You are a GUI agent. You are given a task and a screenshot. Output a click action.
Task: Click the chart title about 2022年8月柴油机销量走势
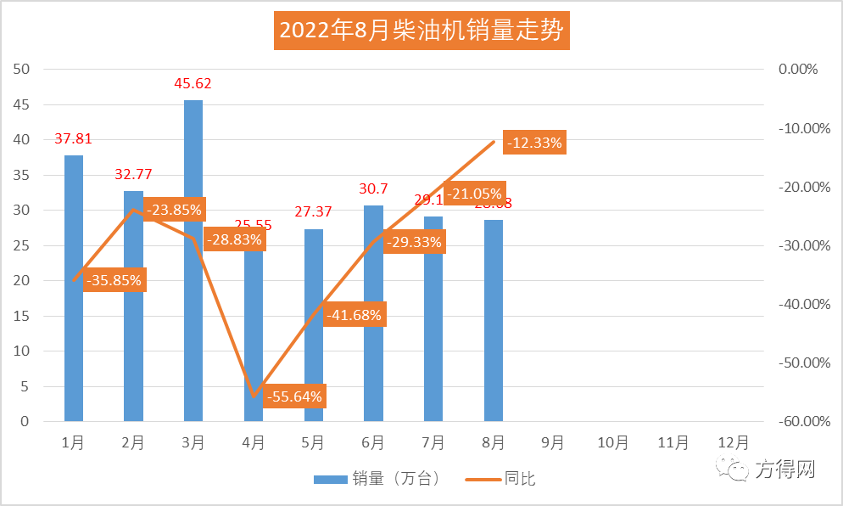click(x=421, y=31)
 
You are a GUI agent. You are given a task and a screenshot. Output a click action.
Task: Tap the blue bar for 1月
click(x=74, y=288)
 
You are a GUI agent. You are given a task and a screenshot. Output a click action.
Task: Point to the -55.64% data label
click(x=294, y=396)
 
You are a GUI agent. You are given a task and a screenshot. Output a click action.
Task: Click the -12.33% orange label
click(x=534, y=143)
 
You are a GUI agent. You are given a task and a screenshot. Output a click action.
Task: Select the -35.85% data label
click(x=114, y=280)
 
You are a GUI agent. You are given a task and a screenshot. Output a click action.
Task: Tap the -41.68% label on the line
click(x=354, y=315)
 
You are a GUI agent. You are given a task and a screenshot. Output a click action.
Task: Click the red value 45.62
click(x=193, y=83)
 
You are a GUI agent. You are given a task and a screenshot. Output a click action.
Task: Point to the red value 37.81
click(x=73, y=138)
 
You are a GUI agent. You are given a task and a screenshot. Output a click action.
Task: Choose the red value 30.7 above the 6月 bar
click(x=374, y=188)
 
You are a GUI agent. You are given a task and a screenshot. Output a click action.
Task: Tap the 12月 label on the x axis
click(x=733, y=442)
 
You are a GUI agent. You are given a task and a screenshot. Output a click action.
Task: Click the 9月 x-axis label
click(x=553, y=442)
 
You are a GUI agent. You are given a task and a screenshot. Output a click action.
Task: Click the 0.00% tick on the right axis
click(x=797, y=69)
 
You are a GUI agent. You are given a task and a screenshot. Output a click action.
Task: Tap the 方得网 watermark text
click(x=785, y=469)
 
